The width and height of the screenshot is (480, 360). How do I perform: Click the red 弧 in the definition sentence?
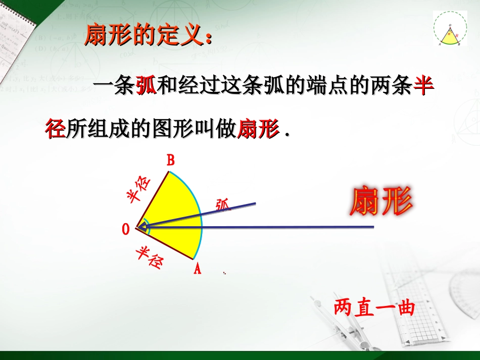147,87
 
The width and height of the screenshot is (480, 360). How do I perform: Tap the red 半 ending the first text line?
423,87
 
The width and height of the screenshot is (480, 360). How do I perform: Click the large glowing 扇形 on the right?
381,201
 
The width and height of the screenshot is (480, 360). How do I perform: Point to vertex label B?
171,161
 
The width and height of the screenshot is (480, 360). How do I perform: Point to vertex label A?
197,269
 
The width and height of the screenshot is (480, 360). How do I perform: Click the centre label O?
126,229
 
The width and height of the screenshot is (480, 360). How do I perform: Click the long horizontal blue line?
303,227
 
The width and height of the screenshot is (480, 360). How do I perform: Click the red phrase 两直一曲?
374,307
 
